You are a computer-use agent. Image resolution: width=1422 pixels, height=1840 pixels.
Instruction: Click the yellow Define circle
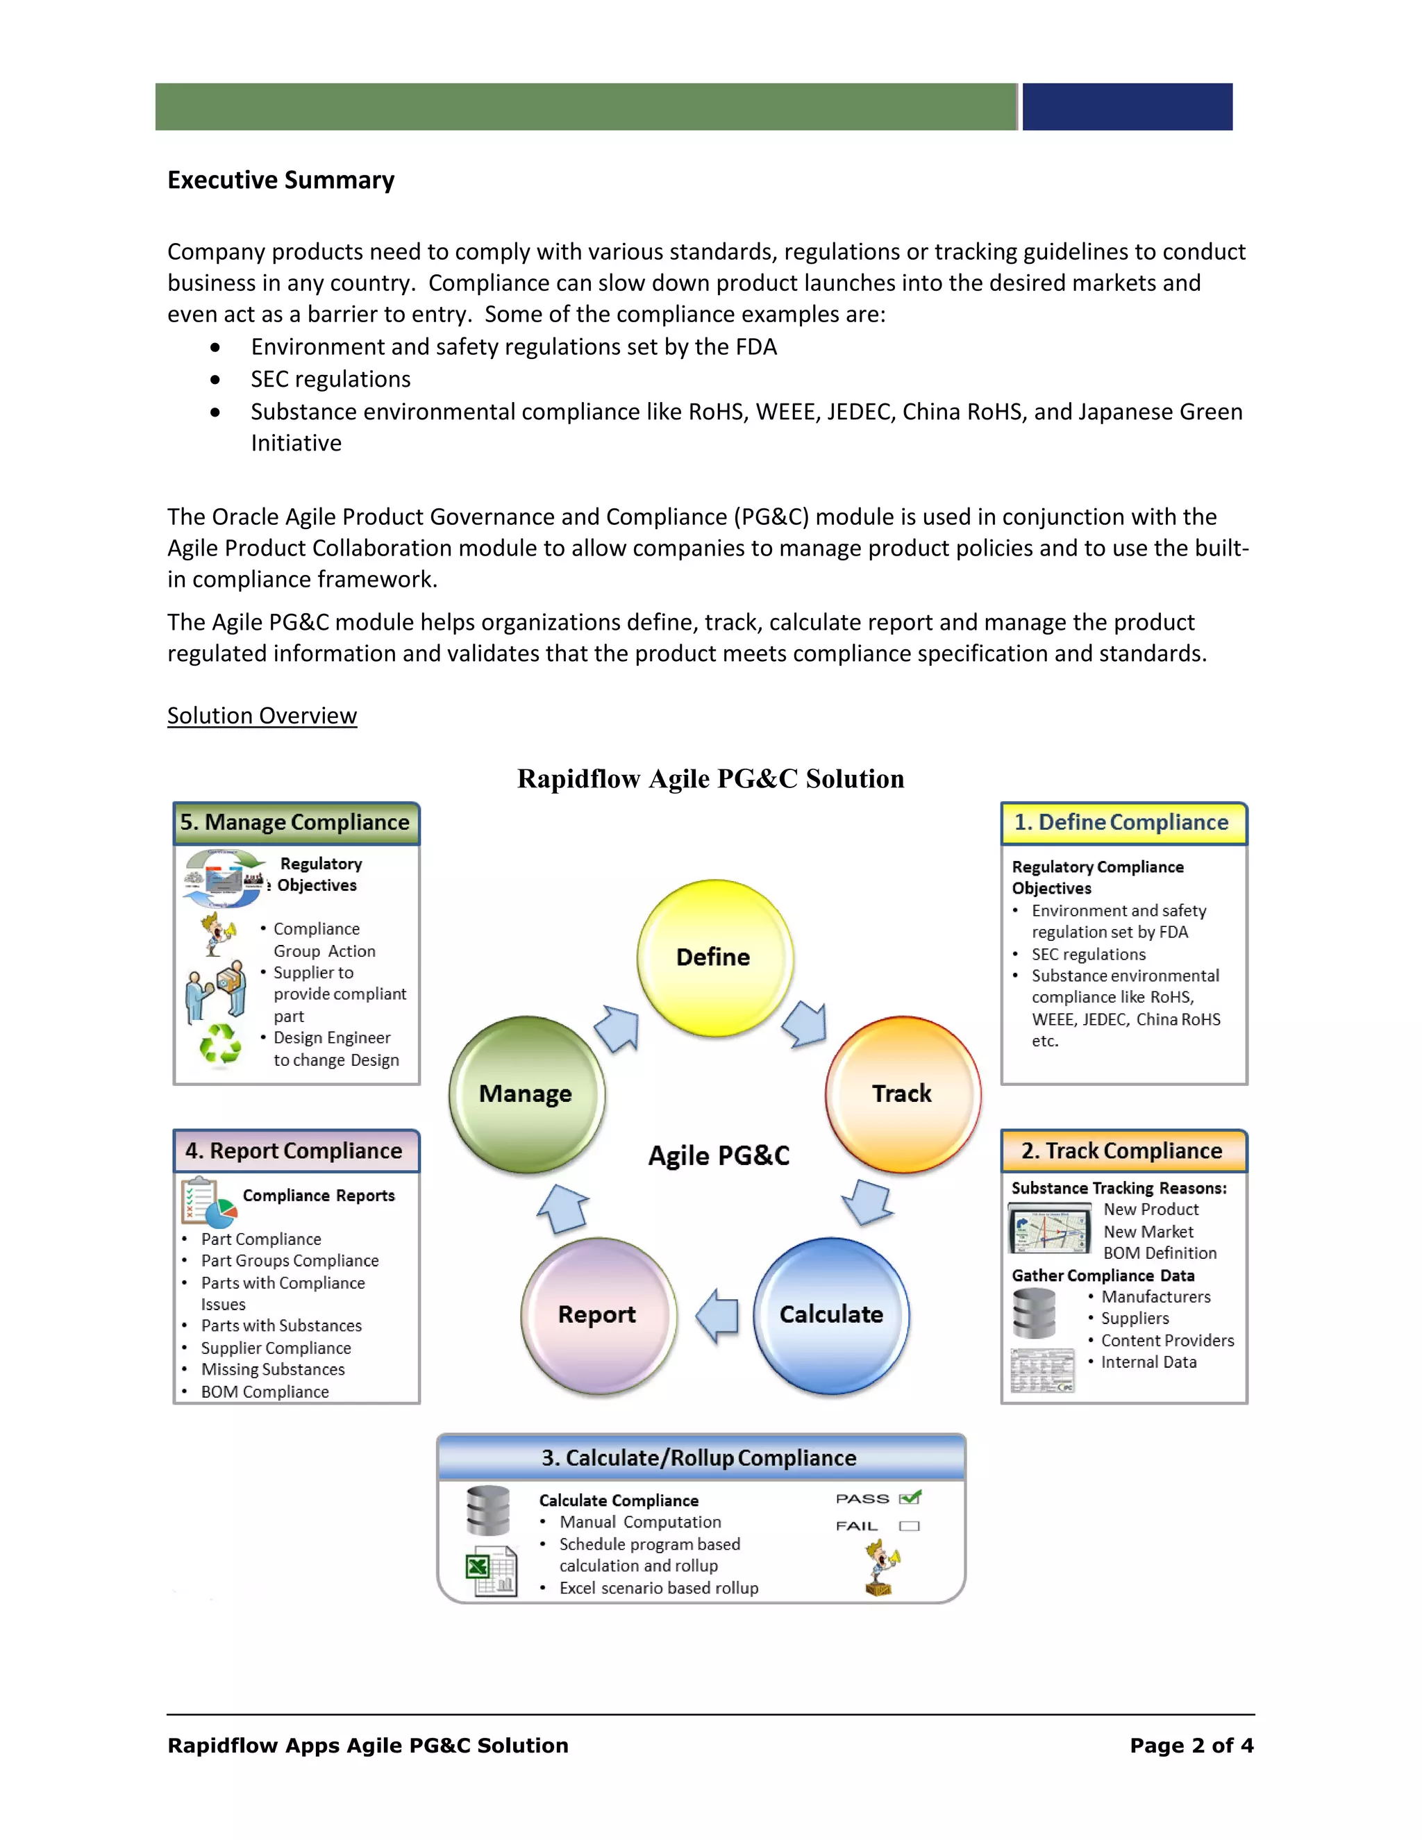coord(714,958)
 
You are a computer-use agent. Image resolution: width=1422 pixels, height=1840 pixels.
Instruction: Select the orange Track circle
coord(902,1094)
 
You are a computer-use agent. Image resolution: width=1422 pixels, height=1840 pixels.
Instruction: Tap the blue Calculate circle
coord(830,1314)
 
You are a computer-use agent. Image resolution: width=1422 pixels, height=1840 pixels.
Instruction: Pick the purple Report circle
coord(598,1314)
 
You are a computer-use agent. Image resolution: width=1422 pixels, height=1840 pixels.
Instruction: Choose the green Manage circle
coord(526,1094)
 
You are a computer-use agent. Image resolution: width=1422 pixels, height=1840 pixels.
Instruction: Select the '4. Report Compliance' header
coord(296,1151)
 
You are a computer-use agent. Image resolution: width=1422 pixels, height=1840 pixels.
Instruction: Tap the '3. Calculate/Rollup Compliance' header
coord(700,1458)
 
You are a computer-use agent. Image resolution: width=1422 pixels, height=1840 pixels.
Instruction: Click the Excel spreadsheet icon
coord(491,1571)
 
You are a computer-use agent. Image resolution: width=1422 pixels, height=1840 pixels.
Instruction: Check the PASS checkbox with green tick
coord(910,1498)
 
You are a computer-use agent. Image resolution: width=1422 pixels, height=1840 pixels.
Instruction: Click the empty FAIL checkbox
coord(909,1525)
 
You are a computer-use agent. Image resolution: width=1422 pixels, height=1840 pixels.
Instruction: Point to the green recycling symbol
coord(220,1045)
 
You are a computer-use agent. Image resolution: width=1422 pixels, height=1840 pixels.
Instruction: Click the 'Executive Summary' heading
coord(281,181)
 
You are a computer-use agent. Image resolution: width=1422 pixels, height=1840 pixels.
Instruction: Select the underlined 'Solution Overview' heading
coord(262,716)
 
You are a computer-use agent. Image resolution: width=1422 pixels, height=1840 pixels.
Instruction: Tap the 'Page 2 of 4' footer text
coord(1191,1746)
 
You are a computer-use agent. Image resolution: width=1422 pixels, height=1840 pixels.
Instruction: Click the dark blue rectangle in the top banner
coord(1127,107)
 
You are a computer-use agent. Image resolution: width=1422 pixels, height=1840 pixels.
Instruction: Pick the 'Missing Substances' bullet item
coord(273,1370)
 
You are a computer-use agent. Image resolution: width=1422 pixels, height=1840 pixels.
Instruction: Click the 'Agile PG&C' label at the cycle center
coord(719,1156)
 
